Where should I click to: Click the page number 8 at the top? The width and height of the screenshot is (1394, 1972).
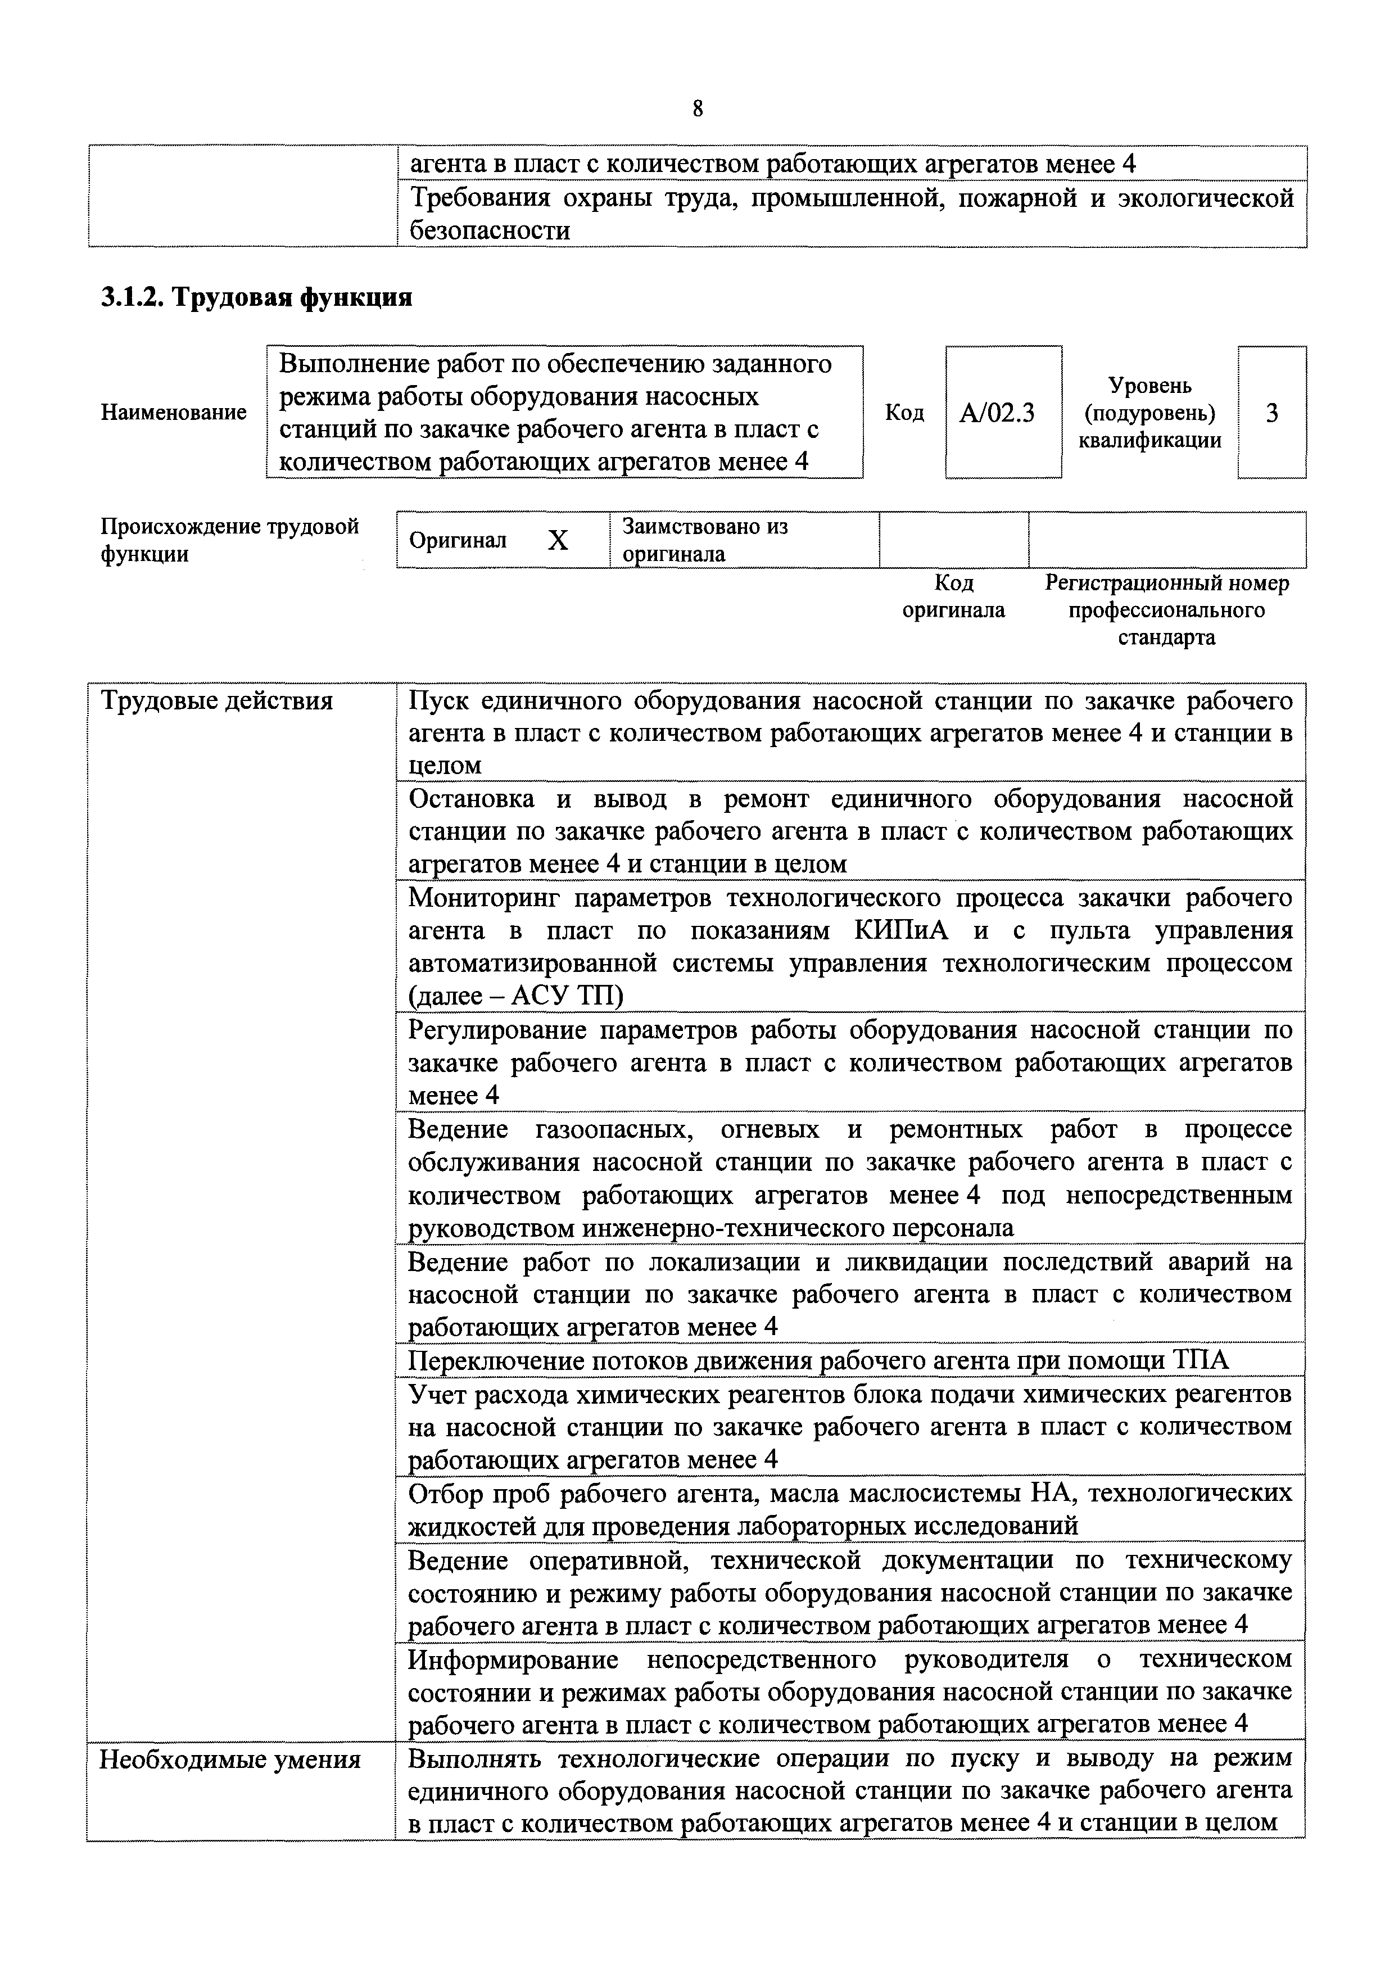click(696, 108)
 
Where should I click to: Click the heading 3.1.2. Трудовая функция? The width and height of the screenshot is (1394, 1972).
click(256, 297)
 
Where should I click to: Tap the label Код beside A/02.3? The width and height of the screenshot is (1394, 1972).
click(904, 413)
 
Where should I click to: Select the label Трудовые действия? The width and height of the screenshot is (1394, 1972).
click(216, 702)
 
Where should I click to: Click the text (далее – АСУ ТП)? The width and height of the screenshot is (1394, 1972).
click(516, 996)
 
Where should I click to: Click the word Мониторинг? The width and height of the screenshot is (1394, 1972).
click(483, 898)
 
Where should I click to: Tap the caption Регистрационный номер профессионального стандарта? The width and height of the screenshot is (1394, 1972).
click(1166, 610)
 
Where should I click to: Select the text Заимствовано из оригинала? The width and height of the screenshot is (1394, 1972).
click(704, 540)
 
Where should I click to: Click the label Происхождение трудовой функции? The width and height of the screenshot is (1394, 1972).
click(229, 540)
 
